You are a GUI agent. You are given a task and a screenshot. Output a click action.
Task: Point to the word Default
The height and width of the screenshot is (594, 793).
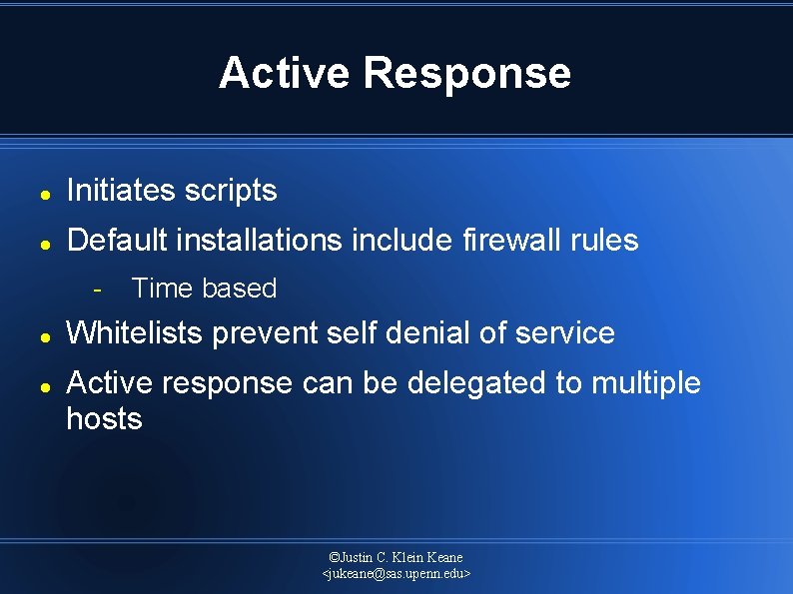tap(118, 240)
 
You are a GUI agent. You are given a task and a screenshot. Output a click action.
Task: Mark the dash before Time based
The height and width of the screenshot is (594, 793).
tap(97, 290)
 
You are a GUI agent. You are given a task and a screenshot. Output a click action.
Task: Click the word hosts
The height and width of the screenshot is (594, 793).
tap(104, 418)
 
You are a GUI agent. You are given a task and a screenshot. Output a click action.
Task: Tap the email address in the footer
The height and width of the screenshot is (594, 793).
tap(396, 574)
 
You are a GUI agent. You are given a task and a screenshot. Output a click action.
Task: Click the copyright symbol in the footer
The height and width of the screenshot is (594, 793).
tap(334, 557)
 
